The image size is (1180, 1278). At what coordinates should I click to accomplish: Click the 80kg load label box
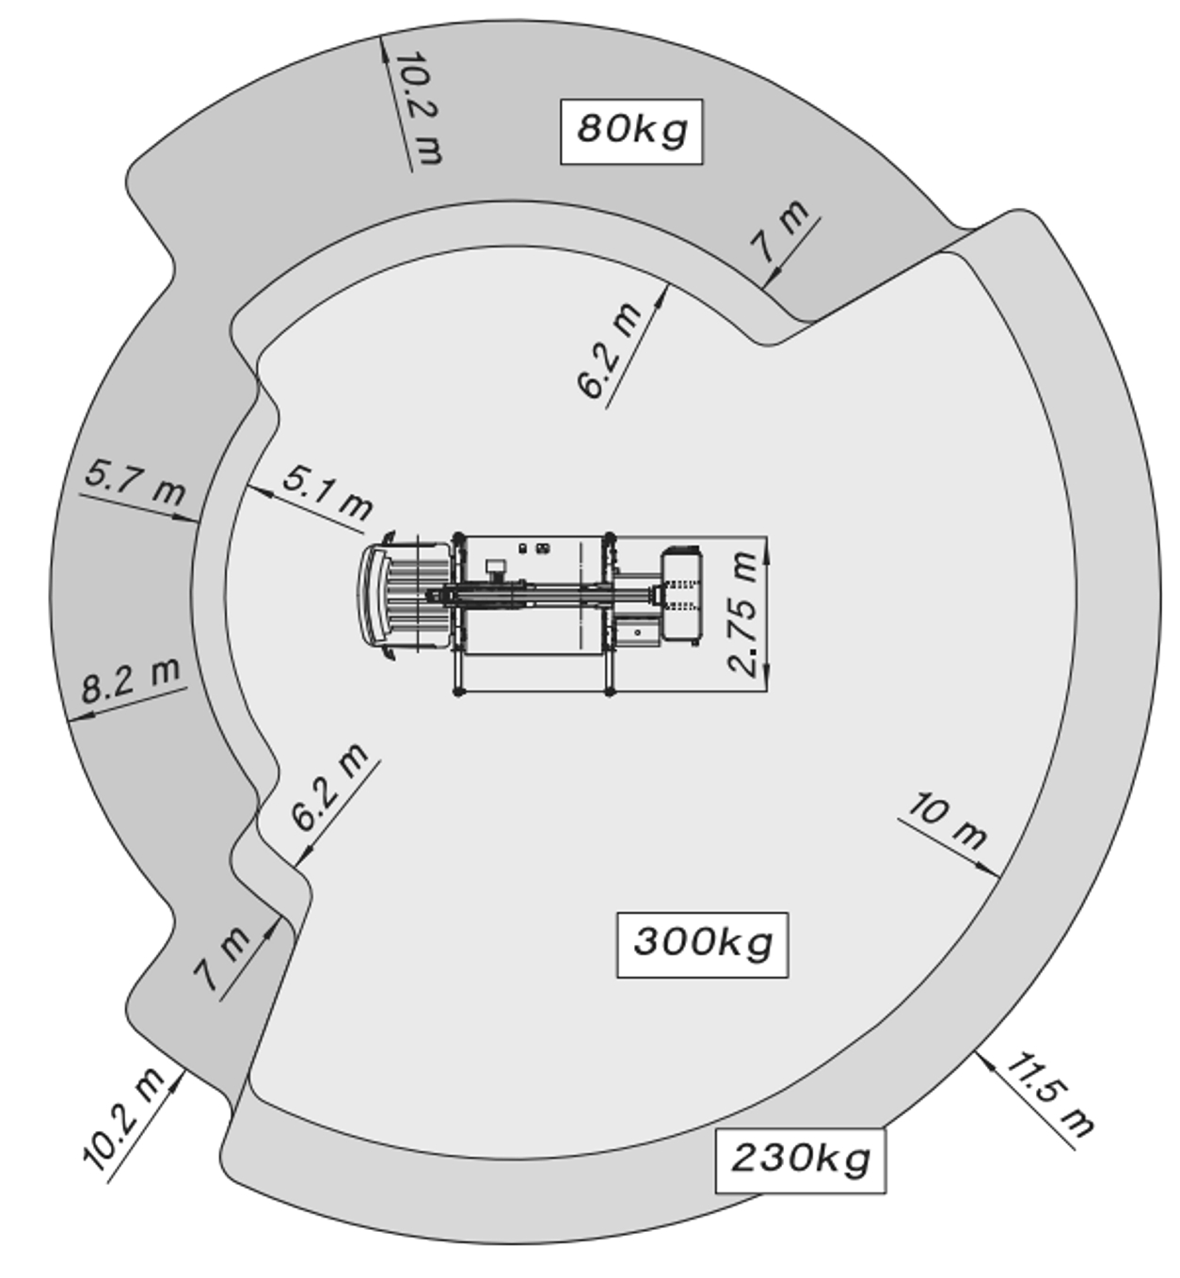630,132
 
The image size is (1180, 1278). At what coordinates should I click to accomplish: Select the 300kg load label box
702,944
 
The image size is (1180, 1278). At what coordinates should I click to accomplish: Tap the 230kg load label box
800,1160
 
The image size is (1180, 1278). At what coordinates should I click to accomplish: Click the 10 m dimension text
947,822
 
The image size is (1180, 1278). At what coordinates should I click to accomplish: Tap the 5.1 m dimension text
328,492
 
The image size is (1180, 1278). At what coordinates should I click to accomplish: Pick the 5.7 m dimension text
136,482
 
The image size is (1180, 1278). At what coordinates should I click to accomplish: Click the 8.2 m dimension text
131,680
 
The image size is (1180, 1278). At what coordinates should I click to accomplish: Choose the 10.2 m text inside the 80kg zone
420,108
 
